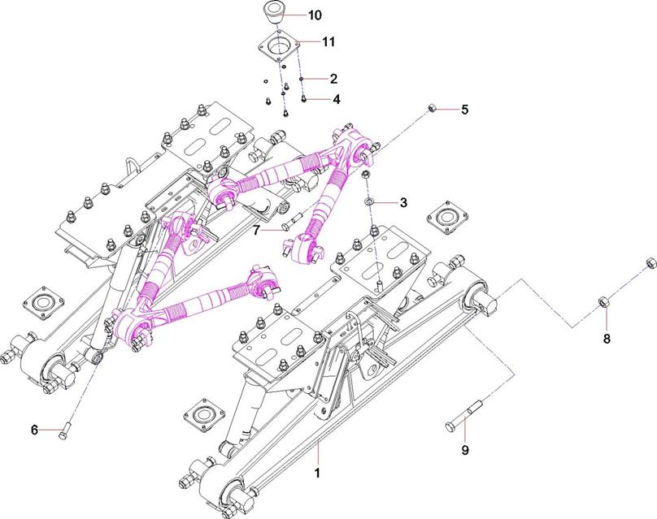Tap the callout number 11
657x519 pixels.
(x=329, y=41)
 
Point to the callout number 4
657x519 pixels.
(x=333, y=99)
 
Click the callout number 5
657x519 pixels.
(x=465, y=109)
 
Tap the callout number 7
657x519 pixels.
(x=256, y=231)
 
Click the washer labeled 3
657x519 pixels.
(x=369, y=200)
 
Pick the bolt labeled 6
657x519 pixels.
(x=64, y=432)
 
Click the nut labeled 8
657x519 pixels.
(x=603, y=302)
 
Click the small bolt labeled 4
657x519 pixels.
(x=303, y=98)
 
